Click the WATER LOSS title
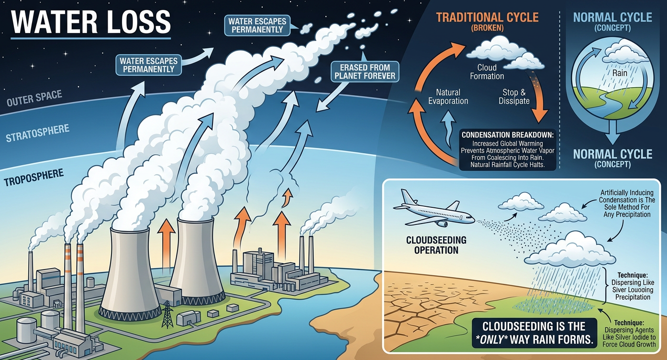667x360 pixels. pyautogui.click(x=91, y=22)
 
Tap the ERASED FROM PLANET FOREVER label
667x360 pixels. pyautogui.click(x=365, y=71)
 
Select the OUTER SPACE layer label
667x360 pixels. pyautogui.click(x=34, y=98)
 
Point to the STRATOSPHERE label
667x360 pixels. pyautogui.click(x=37, y=133)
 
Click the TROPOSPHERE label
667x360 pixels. pyautogui.click(x=33, y=177)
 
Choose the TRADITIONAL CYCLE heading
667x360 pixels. pyautogui.click(x=488, y=17)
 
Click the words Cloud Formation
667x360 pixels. pyautogui.click(x=487, y=72)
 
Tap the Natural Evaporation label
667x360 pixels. pyautogui.click(x=448, y=97)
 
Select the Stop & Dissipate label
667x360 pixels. pyautogui.click(x=514, y=97)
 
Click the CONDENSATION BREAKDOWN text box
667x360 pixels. pyautogui.click(x=507, y=150)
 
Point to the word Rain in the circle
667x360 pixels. pyautogui.click(x=620, y=73)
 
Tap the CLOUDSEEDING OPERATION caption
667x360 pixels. pyautogui.click(x=436, y=245)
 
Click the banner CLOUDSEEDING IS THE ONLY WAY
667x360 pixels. pyautogui.click(x=535, y=333)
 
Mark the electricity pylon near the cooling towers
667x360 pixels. pyautogui.click(x=167, y=314)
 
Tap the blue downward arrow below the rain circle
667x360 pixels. pyautogui.click(x=612, y=132)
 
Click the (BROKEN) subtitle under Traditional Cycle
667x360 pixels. pyautogui.click(x=488, y=28)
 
